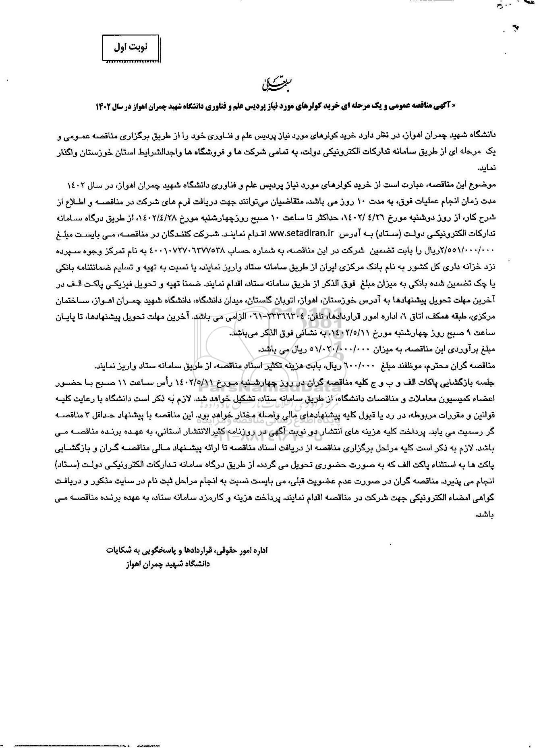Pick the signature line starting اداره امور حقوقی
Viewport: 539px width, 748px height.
coord(185,550)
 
